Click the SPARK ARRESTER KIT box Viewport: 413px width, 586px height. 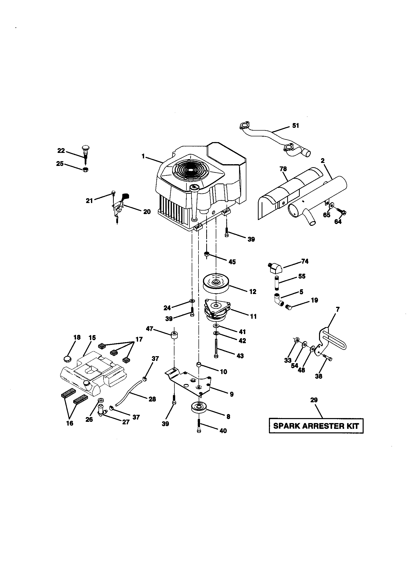(316, 426)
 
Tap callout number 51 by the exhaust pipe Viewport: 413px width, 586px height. (295, 126)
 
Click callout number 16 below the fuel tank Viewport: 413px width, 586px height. (69, 423)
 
